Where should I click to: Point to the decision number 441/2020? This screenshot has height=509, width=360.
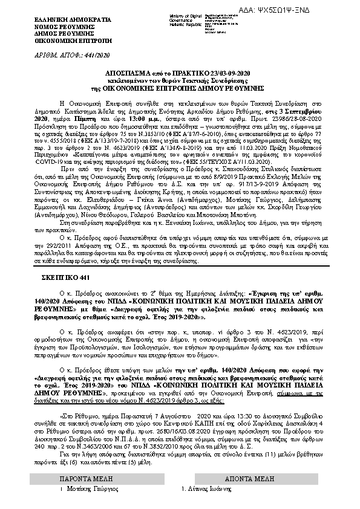pyautogui.click(x=86, y=53)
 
